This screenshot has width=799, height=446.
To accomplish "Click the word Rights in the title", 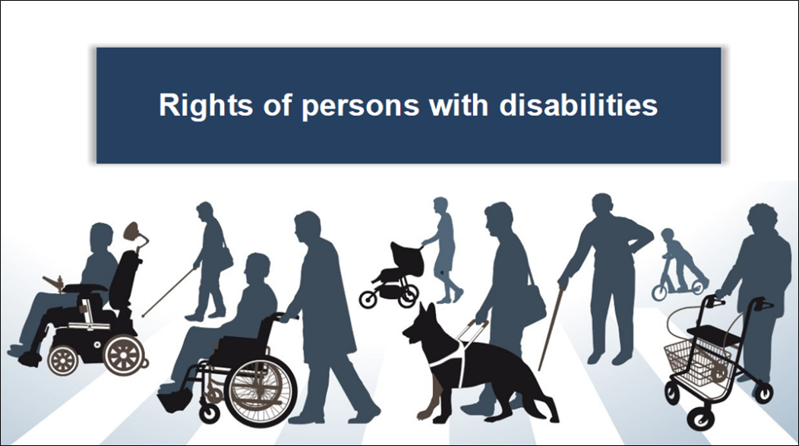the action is (206, 106).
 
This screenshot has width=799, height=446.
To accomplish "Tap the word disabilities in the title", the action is (578, 105).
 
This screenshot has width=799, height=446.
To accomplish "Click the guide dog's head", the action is (422, 326).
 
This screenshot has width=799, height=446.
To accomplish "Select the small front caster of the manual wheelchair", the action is (209, 413).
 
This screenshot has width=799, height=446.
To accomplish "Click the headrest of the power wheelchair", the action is (134, 232).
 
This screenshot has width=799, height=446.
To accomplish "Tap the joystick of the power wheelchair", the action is (53, 282).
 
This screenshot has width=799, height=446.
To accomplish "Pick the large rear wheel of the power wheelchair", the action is (124, 354).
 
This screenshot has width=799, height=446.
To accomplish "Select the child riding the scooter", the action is (683, 259).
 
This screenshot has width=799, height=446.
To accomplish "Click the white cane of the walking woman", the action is (168, 292).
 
